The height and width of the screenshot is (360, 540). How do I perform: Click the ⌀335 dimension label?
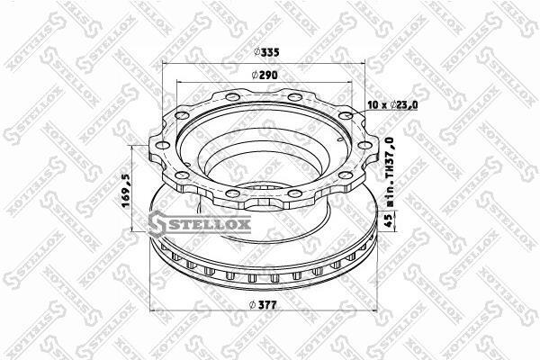click(266, 52)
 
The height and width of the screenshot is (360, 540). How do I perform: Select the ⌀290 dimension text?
click(265, 75)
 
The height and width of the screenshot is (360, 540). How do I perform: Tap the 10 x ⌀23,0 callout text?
click(392, 104)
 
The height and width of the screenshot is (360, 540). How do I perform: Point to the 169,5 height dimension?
click(126, 191)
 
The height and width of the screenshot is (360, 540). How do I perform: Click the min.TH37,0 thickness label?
click(389, 171)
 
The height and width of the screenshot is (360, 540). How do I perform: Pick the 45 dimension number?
click(388, 220)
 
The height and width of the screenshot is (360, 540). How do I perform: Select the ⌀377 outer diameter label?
click(263, 305)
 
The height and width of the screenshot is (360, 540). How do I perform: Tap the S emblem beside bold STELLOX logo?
click(157, 224)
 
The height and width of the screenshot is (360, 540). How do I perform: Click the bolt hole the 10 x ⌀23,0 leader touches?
click(346, 115)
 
